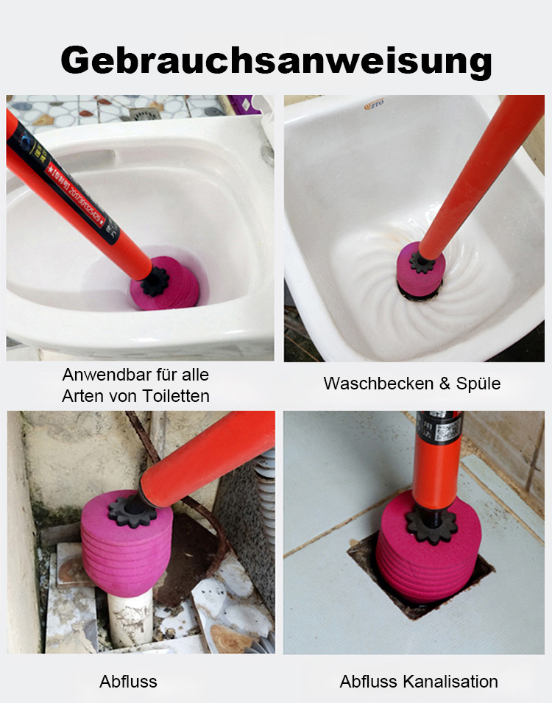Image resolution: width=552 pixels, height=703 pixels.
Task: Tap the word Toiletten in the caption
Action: [x=177, y=396]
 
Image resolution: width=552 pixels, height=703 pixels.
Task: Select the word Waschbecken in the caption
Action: [x=366, y=384]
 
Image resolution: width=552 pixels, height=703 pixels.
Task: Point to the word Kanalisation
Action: [x=450, y=682]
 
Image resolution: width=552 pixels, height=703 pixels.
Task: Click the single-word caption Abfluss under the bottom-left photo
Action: [x=128, y=682]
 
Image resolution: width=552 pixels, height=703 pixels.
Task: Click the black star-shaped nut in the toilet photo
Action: [x=155, y=280]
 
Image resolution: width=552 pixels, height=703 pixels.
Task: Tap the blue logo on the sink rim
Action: [x=375, y=106]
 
